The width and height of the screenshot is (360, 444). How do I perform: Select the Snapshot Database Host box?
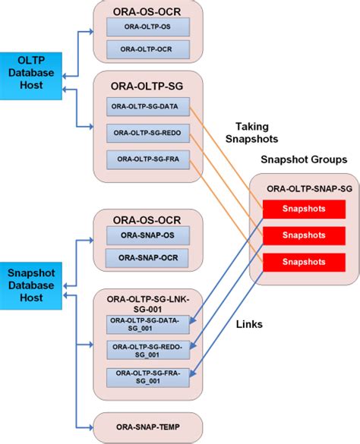coord(30,285)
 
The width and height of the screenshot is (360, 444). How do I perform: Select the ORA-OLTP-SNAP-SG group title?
coord(304,187)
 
